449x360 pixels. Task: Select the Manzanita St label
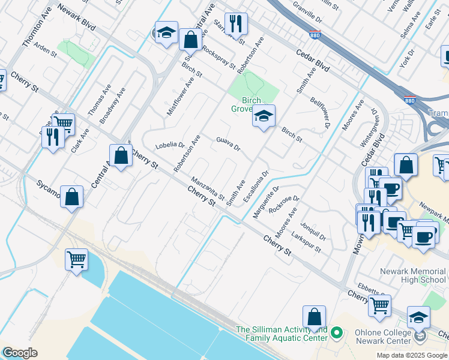click(x=207, y=188)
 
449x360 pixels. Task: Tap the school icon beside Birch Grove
click(x=263, y=117)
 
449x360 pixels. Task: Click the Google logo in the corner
click(x=20, y=353)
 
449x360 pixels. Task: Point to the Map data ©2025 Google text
click(x=412, y=355)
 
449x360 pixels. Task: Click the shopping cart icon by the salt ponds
click(x=76, y=260)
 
